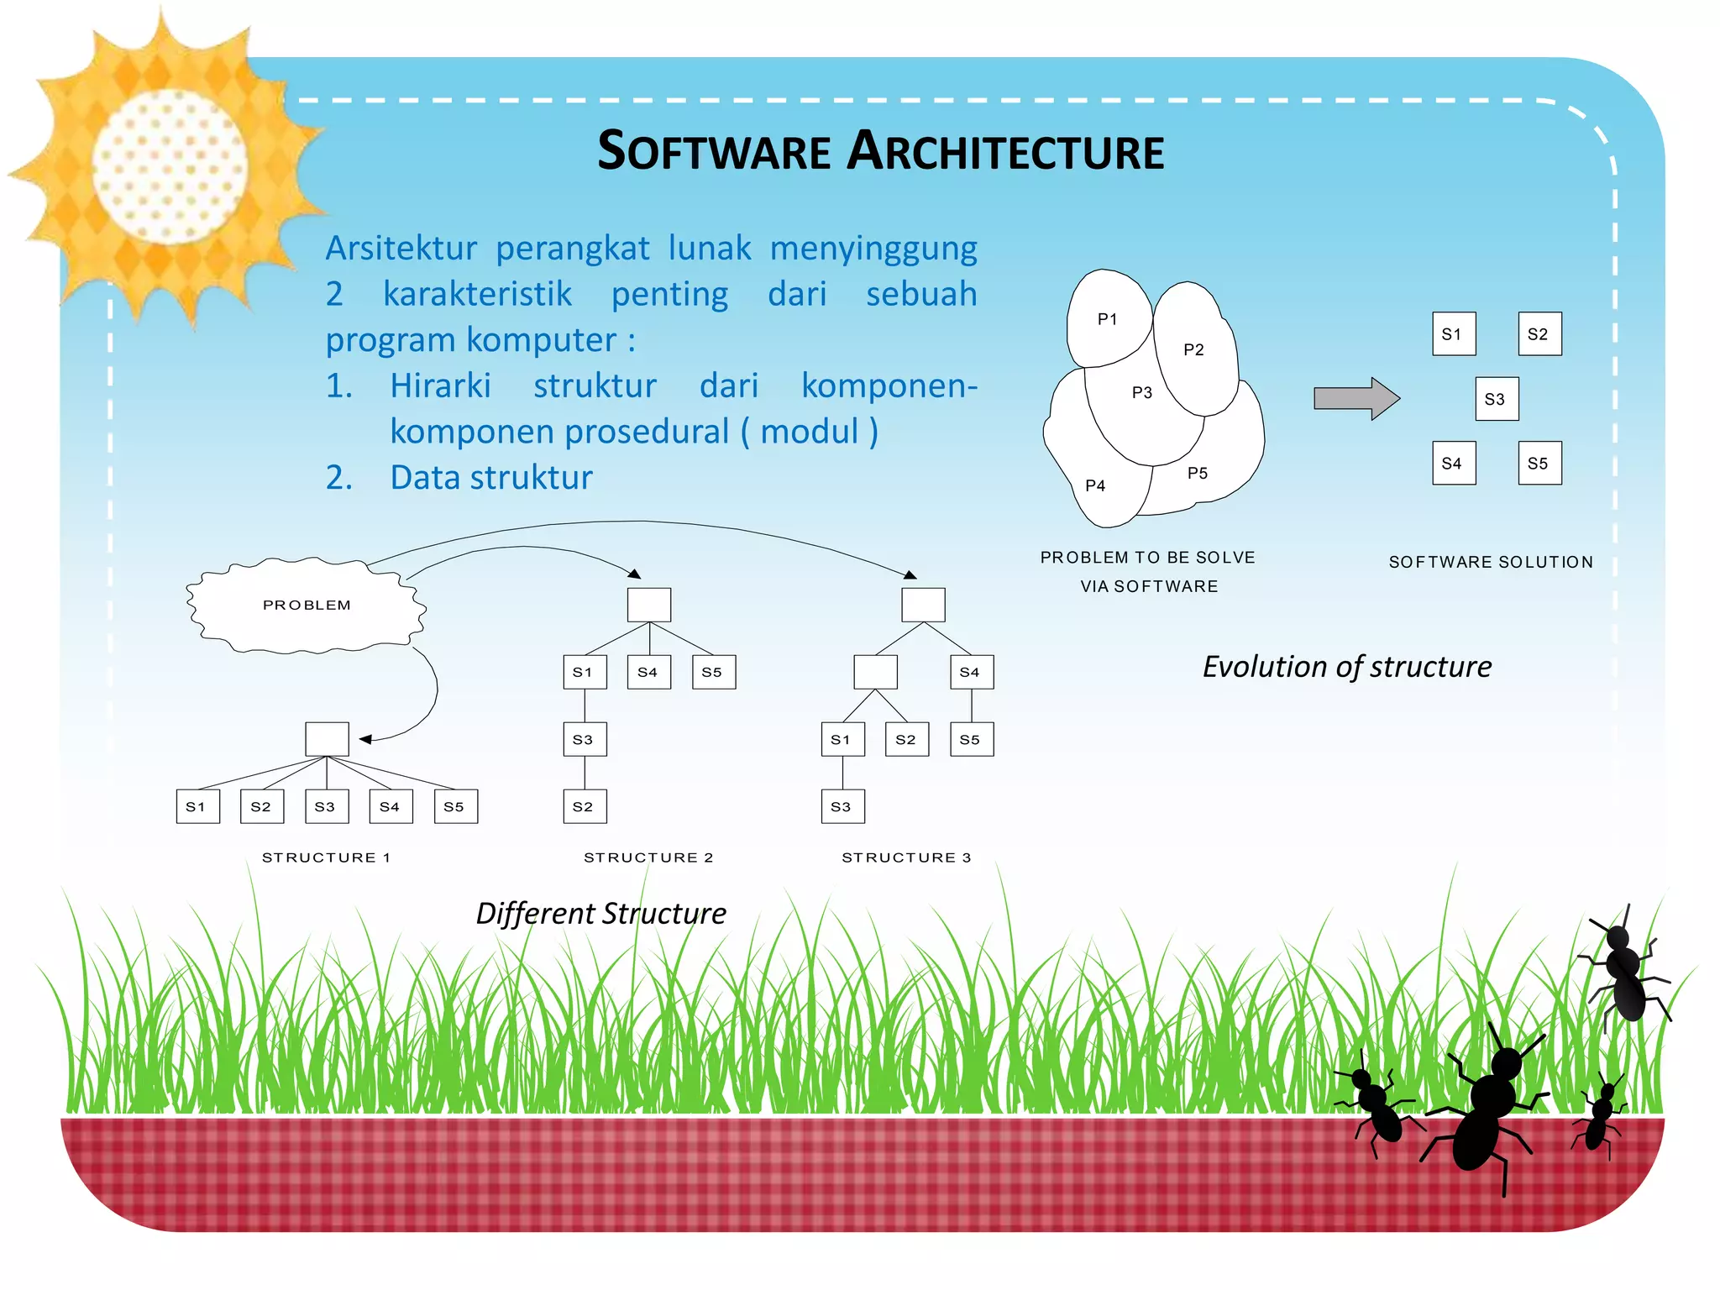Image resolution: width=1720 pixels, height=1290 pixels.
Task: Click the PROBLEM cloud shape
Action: (x=306, y=605)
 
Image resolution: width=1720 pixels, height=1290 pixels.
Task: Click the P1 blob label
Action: (x=1108, y=319)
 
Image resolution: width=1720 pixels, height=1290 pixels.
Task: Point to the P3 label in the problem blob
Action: (x=1142, y=392)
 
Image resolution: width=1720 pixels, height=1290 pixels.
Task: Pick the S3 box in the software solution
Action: (x=1496, y=399)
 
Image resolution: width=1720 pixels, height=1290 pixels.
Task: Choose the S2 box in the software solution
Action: (x=1539, y=334)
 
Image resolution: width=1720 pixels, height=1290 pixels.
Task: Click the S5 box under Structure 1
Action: (x=455, y=806)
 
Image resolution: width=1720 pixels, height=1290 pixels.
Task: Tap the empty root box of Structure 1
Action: (x=327, y=739)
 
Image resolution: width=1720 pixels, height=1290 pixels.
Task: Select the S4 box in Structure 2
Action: (x=648, y=672)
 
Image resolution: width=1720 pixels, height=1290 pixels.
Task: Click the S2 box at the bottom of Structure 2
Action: (x=585, y=806)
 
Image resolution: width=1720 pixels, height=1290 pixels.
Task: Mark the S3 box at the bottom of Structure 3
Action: (x=842, y=806)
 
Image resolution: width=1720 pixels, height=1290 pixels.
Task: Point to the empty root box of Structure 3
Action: (x=923, y=605)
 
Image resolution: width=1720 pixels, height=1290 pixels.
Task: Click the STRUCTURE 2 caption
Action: (x=648, y=857)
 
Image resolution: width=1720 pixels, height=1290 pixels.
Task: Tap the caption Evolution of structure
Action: (x=1346, y=667)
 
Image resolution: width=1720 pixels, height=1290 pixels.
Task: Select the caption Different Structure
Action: (x=600, y=914)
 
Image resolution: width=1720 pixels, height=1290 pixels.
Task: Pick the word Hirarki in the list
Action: (x=440, y=385)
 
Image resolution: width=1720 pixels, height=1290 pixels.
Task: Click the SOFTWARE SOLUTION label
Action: (x=1491, y=562)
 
